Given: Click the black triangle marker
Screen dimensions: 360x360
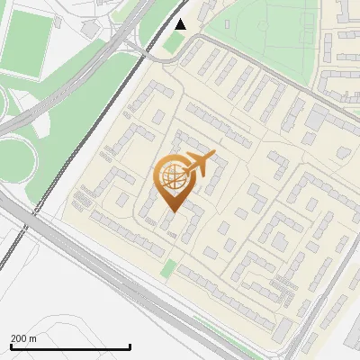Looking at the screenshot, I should pos(181,24).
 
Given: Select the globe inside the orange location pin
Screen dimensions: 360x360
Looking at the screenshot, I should pos(172,177).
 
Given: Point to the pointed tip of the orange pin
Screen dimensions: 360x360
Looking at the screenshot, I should pos(172,211).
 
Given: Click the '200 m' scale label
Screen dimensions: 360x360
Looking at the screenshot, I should pos(23,338).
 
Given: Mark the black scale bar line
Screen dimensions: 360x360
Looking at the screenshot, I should pos(70,346).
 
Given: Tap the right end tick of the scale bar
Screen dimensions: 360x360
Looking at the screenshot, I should pos(130,345).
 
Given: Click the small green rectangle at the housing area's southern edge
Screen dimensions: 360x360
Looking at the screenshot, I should pos(168,267).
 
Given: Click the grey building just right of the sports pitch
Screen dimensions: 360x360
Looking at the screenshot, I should pos(89,29).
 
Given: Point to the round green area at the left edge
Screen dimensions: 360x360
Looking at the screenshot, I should pos(13,162).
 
